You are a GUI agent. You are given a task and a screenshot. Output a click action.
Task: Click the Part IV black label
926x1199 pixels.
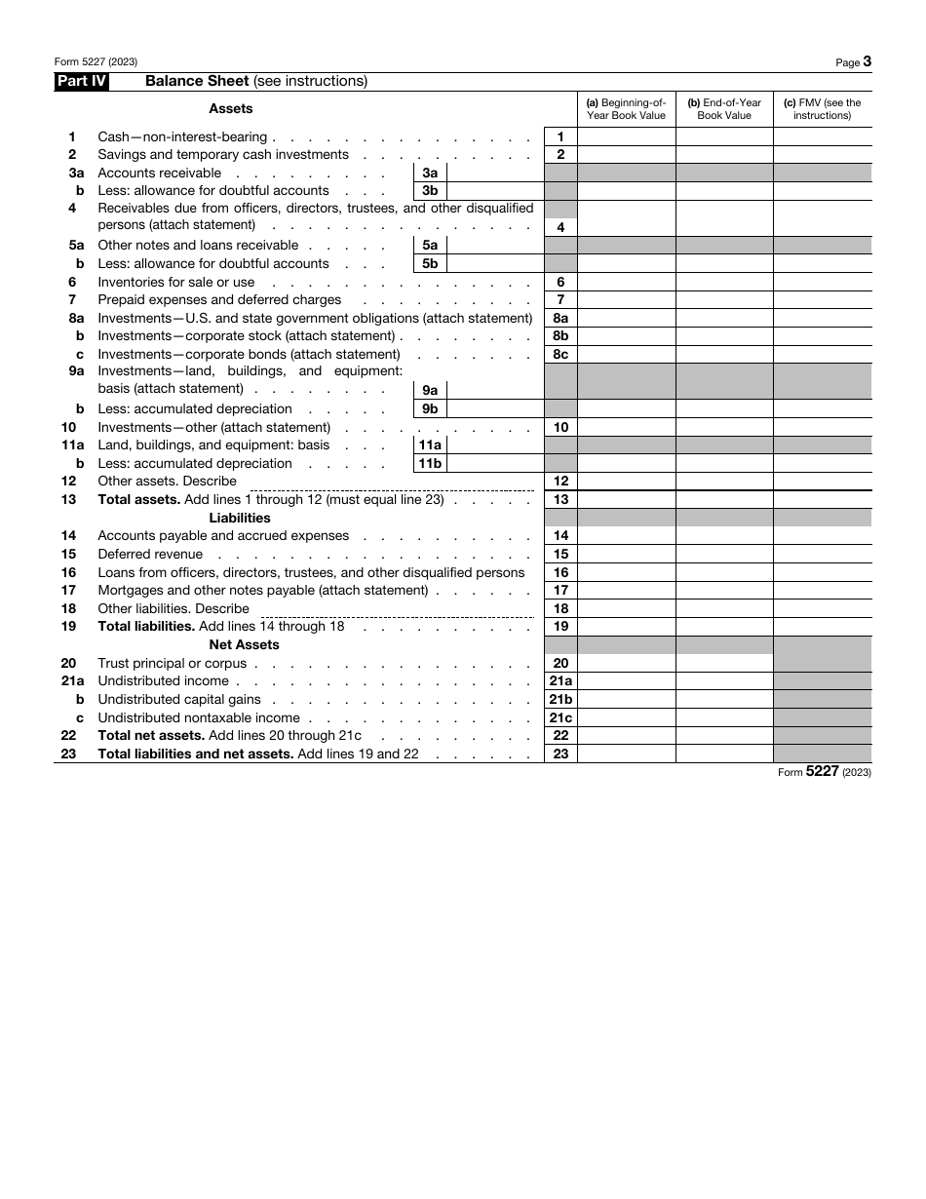[x=81, y=82]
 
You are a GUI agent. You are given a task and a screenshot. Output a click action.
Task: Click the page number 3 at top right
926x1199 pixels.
[x=867, y=61]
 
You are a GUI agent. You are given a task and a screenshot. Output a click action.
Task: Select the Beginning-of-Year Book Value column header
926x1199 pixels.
[x=626, y=109]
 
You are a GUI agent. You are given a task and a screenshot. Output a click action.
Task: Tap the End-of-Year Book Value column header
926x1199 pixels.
[x=724, y=109]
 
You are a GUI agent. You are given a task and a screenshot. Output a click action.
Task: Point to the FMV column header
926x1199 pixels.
[x=822, y=109]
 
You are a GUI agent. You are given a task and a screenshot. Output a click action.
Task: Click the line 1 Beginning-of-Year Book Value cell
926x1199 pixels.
[x=626, y=137]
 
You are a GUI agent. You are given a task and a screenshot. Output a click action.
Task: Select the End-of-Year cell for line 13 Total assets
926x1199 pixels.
[x=724, y=499]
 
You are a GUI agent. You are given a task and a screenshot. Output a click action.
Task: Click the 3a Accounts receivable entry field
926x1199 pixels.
[x=494, y=173]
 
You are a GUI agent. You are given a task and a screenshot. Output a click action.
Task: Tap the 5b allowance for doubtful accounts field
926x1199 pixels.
[x=494, y=263]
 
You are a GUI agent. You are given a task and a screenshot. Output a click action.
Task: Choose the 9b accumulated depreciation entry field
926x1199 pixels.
[x=494, y=408]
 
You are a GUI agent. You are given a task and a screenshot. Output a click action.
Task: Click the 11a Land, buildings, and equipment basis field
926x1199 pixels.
[x=494, y=445]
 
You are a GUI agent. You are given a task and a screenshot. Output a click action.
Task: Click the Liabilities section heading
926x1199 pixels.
[x=240, y=518]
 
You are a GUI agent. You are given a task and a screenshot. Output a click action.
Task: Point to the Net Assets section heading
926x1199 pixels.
[x=244, y=644]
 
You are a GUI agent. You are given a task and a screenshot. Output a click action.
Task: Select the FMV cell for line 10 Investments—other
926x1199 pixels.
[x=822, y=427]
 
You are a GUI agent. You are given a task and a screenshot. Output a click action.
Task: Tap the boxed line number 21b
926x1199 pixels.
[x=560, y=699]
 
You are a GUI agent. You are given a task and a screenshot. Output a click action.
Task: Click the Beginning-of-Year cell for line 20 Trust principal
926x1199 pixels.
[x=626, y=663]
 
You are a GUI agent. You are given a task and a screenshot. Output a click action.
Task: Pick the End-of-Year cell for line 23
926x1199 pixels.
[x=724, y=754]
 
